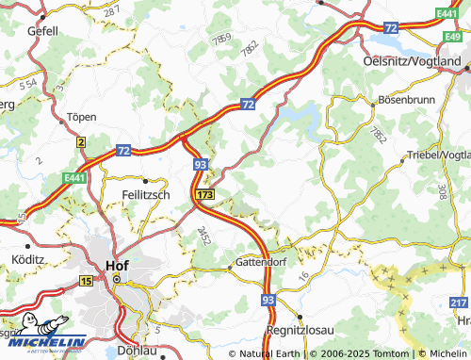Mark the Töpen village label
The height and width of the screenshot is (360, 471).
click(x=82, y=117)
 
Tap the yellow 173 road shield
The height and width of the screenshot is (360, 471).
click(x=205, y=193)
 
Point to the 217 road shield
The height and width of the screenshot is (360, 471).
click(x=459, y=301)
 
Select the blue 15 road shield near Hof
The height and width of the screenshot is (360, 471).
click(x=87, y=282)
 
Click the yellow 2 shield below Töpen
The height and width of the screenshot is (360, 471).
click(x=81, y=142)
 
